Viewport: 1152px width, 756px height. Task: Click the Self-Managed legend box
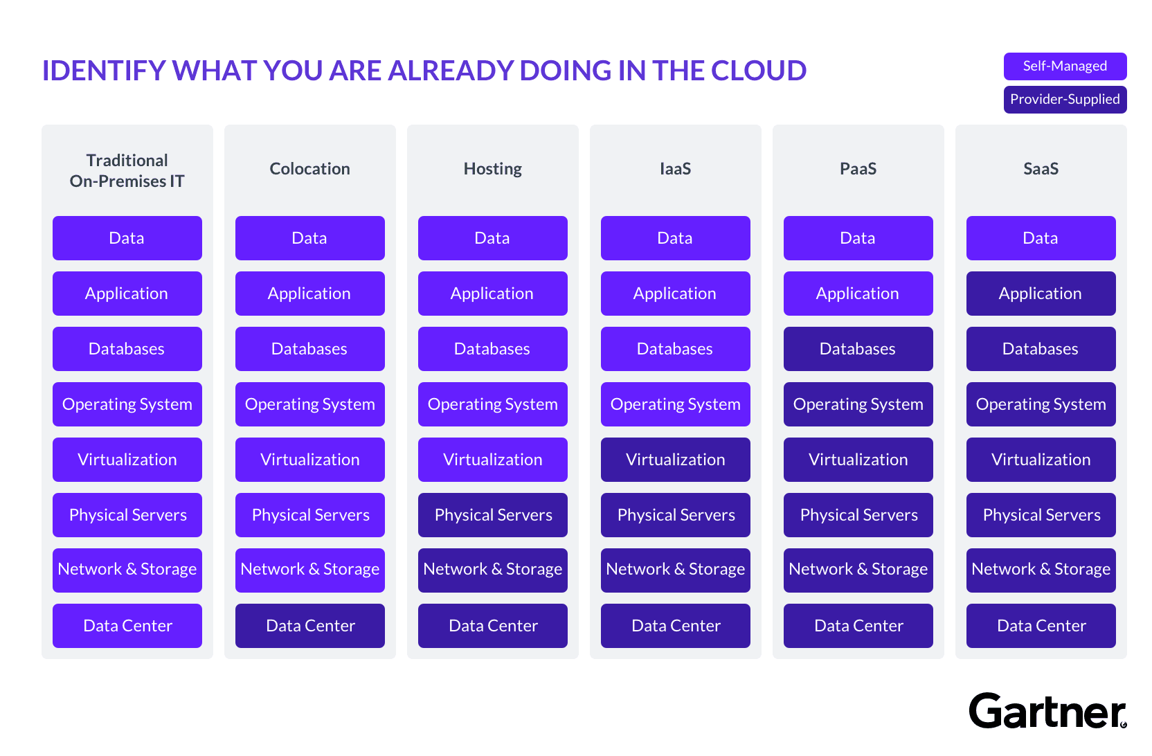(x=1065, y=66)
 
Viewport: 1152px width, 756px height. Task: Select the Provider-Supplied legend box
(x=1065, y=100)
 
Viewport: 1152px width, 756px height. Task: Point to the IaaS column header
(x=675, y=169)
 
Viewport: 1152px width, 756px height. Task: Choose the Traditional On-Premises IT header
(x=127, y=170)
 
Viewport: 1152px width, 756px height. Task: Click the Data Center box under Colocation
(x=310, y=626)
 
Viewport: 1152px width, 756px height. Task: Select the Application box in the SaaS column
(x=1041, y=294)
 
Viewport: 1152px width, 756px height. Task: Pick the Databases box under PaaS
(x=858, y=349)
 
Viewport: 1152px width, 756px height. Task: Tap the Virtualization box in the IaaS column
(x=675, y=460)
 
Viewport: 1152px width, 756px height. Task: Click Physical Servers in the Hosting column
(x=493, y=515)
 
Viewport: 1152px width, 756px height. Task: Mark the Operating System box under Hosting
(x=493, y=404)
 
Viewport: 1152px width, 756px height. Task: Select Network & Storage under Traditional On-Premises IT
(x=127, y=570)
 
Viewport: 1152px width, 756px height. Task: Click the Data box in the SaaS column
(x=1041, y=238)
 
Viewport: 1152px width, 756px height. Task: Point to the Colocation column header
(x=310, y=169)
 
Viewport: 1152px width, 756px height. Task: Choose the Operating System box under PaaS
(x=858, y=404)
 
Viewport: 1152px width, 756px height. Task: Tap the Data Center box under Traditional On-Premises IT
(x=127, y=626)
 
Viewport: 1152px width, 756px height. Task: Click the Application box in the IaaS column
(x=675, y=294)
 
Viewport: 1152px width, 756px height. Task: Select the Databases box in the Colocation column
(x=310, y=349)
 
